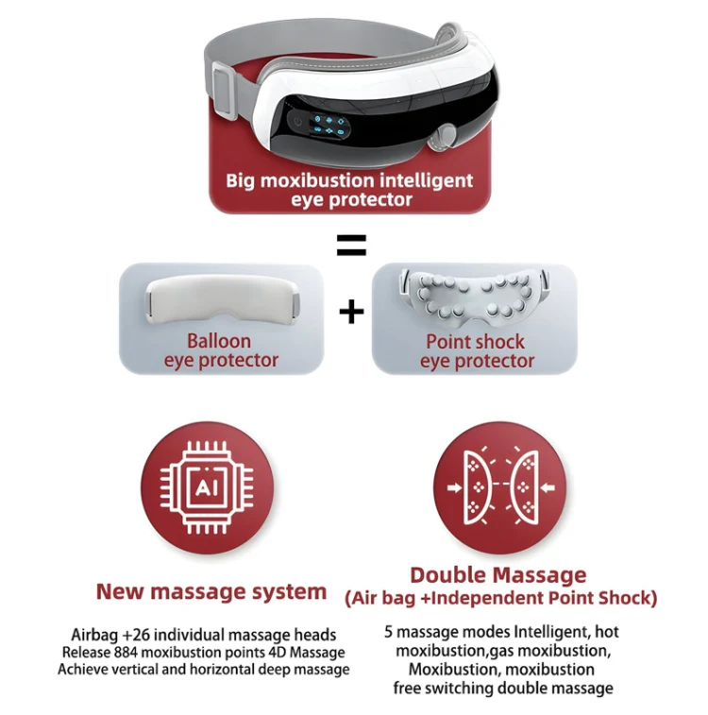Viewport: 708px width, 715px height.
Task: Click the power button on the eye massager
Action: (297, 122)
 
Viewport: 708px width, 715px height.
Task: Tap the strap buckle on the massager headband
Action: (226, 90)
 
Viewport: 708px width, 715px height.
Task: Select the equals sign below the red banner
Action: (351, 245)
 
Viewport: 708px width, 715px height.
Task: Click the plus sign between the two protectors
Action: (352, 313)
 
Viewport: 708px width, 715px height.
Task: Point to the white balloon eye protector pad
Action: (223, 300)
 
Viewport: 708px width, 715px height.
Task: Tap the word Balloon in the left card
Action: (219, 341)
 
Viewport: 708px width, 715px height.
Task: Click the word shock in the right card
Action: (498, 342)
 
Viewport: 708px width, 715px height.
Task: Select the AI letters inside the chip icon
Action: (207, 488)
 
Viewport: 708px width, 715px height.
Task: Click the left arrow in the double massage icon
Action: (454, 488)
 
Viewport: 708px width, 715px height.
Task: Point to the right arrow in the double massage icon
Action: (548, 488)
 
